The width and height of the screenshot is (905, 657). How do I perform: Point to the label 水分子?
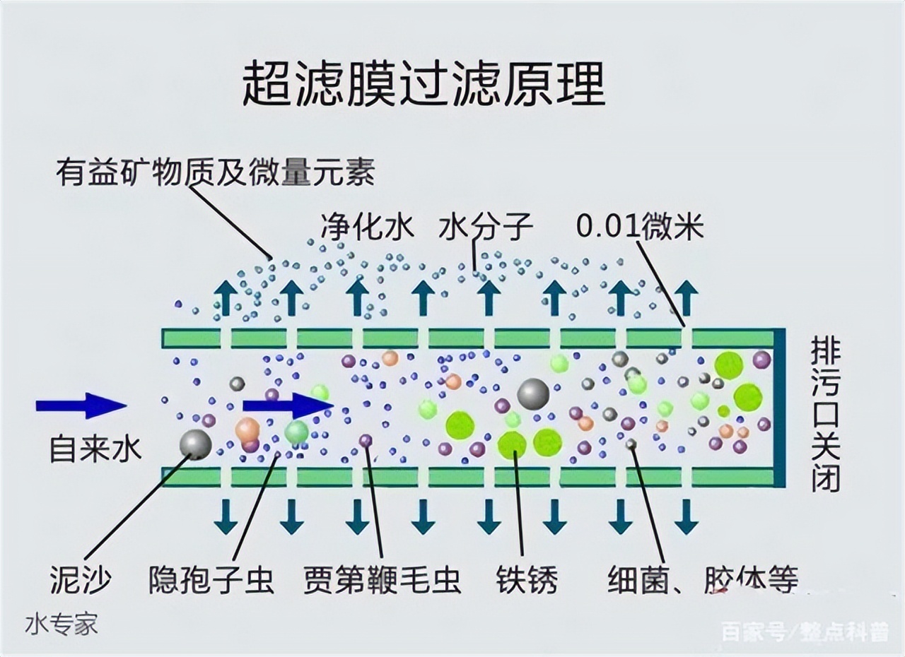pos(485,227)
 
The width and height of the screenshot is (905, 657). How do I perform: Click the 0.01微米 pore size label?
pos(640,227)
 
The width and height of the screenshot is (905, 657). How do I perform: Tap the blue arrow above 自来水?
pos(81,406)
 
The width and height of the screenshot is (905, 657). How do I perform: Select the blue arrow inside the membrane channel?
pos(287,406)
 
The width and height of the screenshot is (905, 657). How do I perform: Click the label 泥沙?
pos(81,581)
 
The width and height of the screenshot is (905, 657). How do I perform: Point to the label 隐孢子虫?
pos(211,581)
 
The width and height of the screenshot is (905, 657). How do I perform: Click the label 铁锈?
pos(527,581)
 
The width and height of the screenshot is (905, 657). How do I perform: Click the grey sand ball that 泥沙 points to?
pos(196,444)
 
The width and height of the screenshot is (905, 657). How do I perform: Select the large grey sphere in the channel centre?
pos(533,394)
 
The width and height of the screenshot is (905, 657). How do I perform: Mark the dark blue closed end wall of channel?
pos(778,408)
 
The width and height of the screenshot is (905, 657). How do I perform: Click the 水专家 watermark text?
pos(62,625)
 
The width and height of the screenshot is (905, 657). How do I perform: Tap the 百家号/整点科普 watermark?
pos(802,631)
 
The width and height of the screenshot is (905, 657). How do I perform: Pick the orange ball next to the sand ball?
pos(247,429)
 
